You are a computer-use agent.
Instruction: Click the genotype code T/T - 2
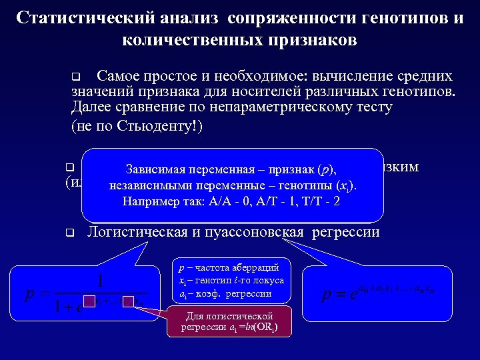click(317, 201)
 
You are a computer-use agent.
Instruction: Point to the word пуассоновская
click(261, 233)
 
